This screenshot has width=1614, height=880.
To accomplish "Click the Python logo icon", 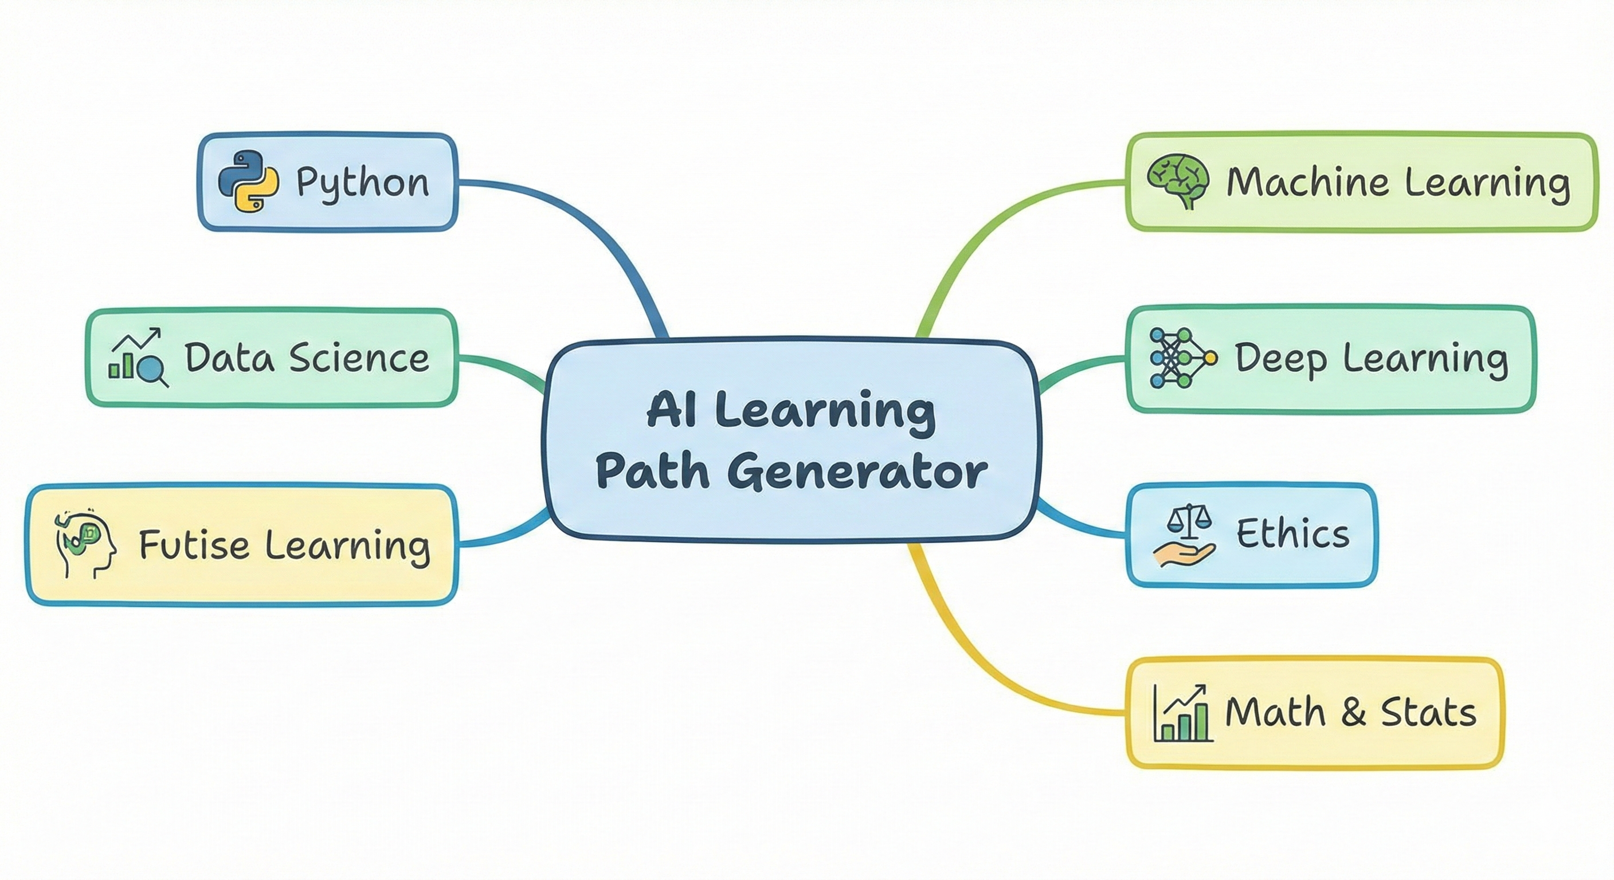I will pyautogui.click(x=248, y=182).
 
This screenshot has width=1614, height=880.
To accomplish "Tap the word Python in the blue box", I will pyautogui.click(x=362, y=183).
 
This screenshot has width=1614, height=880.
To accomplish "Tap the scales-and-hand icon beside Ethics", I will pyautogui.click(x=1184, y=536).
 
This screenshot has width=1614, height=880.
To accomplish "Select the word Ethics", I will pyautogui.click(x=1292, y=535).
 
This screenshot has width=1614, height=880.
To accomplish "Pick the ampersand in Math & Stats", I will pyautogui.click(x=1353, y=713).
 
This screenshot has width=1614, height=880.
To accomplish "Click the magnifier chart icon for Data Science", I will pyautogui.click(x=138, y=357).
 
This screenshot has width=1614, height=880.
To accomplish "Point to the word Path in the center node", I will pyautogui.click(x=652, y=472).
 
